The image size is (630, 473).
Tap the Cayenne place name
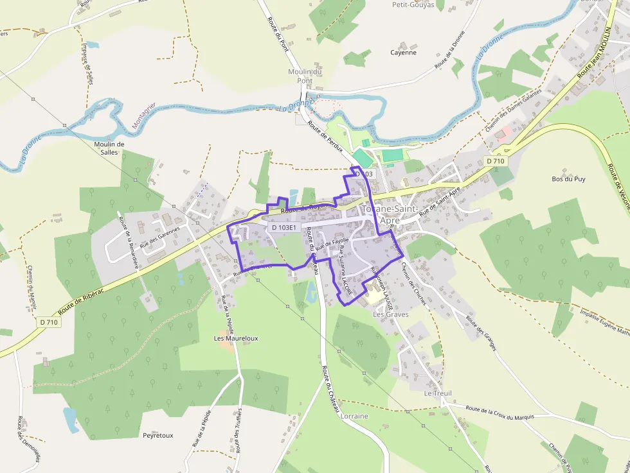click(404, 53)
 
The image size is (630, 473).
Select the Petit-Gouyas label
click(431, 5)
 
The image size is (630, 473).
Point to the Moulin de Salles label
click(109, 148)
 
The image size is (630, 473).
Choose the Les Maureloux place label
click(236, 338)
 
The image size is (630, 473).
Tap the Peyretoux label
click(158, 435)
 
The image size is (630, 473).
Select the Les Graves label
click(391, 314)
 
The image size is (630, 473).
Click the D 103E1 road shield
click(283, 227)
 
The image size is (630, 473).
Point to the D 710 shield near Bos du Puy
click(496, 161)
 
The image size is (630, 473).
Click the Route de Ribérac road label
click(85, 294)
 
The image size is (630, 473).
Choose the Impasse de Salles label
click(88, 64)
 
